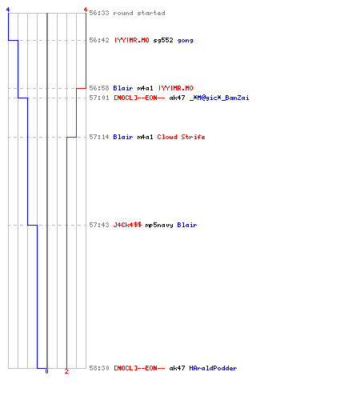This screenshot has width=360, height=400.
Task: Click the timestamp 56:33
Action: tap(99, 13)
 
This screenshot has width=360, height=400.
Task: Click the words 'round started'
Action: tap(139, 13)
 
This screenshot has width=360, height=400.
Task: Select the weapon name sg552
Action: tap(163, 40)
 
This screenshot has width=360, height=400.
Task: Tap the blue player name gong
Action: tap(185, 41)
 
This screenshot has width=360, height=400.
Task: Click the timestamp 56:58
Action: tap(99, 88)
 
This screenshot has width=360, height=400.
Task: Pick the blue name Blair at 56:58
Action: tap(123, 88)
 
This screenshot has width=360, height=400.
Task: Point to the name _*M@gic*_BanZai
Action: tap(219, 98)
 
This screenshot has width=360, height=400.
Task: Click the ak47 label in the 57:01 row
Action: tap(177, 98)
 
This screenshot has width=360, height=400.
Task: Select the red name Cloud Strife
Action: tap(181, 137)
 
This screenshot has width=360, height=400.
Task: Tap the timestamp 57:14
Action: tap(99, 137)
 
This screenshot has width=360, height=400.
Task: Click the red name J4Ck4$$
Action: tap(127, 225)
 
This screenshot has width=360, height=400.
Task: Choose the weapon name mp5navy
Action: tap(159, 226)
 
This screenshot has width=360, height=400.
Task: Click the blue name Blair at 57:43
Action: tap(187, 225)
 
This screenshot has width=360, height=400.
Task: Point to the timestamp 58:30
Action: tap(99, 368)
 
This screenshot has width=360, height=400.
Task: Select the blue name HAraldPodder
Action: tap(213, 368)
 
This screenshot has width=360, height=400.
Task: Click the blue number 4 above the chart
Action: tap(8, 10)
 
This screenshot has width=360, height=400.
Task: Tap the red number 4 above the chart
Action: tap(86, 10)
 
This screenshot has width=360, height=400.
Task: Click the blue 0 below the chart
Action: tap(46, 371)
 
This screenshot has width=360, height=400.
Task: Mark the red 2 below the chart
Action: tap(66, 371)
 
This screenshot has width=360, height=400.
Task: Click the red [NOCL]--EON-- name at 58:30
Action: tap(139, 368)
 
